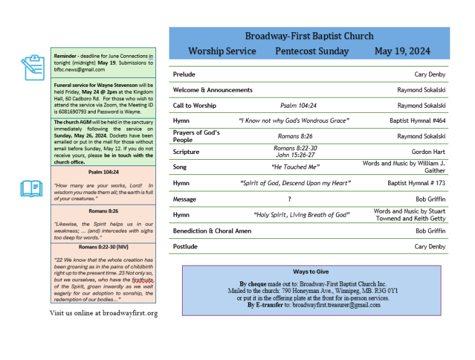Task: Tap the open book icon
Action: coord(32,188)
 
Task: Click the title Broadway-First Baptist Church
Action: coord(309,36)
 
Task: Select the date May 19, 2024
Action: coord(402,51)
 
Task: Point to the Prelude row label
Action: coord(184,74)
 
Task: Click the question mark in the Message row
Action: coord(289,199)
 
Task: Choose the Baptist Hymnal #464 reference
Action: coord(417,120)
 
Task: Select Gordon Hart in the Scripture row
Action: coord(429,152)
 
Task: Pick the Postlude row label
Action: coord(185,247)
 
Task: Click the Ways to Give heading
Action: coord(311,272)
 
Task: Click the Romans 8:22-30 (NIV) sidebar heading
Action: coord(103,247)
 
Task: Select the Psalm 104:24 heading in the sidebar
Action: coord(103,172)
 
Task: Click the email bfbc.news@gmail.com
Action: coord(79,70)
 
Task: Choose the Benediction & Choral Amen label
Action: coord(212,231)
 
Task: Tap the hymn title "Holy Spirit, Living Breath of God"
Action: coord(301,215)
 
